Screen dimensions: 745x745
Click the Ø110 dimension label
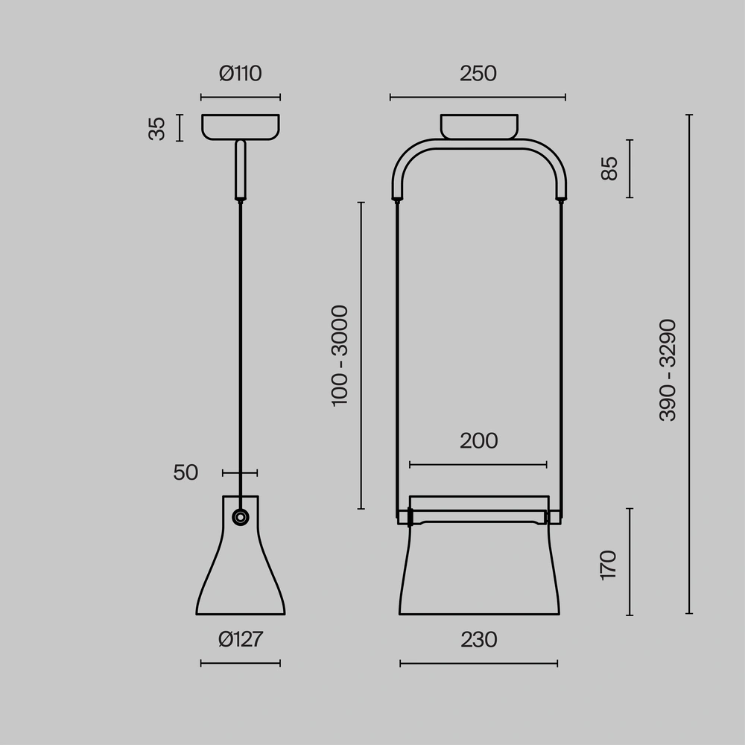click(240, 74)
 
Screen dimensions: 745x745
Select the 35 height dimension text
click(157, 128)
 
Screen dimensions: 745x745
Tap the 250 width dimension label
click(478, 74)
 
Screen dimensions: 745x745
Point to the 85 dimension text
click(609, 168)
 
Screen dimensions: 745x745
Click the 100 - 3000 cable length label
click(340, 355)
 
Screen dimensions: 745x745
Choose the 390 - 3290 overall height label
click(668, 370)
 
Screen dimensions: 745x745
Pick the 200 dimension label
click(478, 441)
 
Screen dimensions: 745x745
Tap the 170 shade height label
click(609, 565)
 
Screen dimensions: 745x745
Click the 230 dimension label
click(478, 640)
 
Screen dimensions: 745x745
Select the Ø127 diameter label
click(240, 640)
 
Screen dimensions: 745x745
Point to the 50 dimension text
click(186, 473)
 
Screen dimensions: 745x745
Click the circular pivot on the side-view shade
click(241, 517)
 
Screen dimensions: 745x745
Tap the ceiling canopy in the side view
click(241, 126)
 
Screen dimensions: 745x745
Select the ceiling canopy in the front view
click(478, 126)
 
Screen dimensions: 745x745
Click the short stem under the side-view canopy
click(240, 171)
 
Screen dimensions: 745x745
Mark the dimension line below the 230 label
click(478, 663)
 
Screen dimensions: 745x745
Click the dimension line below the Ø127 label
click(240, 663)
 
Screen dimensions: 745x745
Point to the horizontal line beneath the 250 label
click(478, 97)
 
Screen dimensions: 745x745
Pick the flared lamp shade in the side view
click(240, 574)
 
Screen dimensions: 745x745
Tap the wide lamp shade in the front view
click(478, 574)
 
